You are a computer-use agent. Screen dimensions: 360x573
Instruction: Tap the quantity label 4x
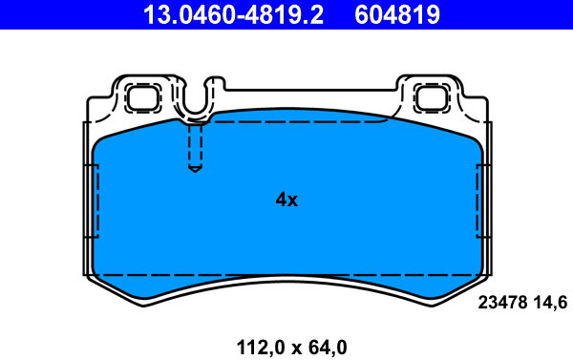286,200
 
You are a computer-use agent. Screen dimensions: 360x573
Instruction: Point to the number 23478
499,303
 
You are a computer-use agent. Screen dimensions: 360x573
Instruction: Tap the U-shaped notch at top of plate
195,103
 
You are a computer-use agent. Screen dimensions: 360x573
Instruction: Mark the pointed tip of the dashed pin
195,170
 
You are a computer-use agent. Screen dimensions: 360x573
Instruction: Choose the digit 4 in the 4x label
281,200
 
